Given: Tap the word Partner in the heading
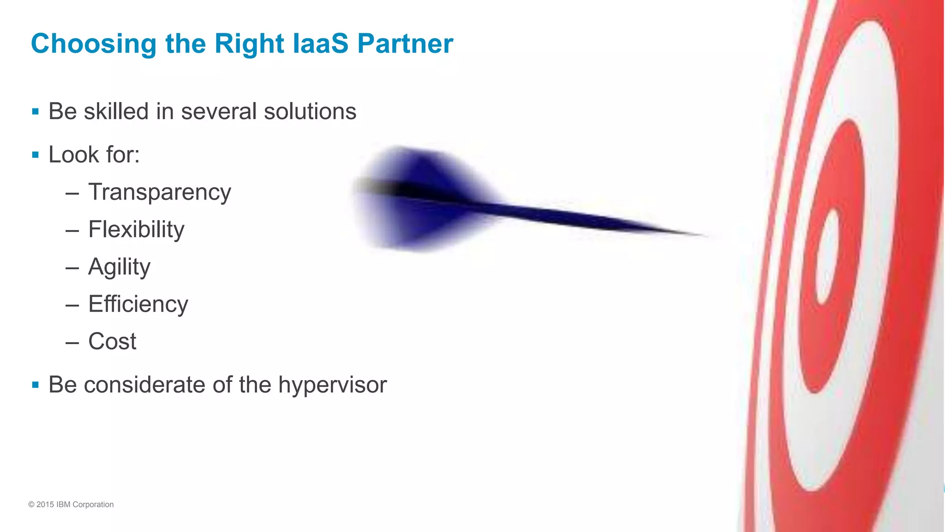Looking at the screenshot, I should (x=405, y=43).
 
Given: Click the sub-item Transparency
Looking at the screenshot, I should (x=159, y=192).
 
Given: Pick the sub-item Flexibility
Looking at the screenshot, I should (x=136, y=230).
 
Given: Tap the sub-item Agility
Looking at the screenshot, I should (x=119, y=267).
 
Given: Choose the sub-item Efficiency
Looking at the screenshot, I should (x=138, y=304).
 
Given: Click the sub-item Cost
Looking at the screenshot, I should (x=112, y=342).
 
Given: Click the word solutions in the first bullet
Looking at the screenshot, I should (x=310, y=112).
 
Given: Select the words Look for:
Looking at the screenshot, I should (x=94, y=155).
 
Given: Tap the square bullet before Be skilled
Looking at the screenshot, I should (x=36, y=111).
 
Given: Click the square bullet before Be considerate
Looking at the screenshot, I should (x=36, y=384).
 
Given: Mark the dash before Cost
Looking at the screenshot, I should (x=72, y=342).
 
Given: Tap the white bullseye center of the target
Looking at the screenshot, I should (x=828, y=256).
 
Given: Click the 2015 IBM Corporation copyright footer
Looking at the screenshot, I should (x=71, y=504).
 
